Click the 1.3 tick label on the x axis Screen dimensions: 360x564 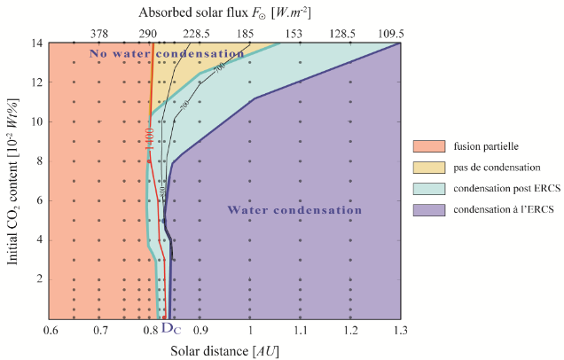point(399,331)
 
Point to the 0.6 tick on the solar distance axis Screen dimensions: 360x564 point(51,331)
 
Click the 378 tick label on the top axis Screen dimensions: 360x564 point(99,33)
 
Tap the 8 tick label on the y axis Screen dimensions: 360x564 point(40,160)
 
